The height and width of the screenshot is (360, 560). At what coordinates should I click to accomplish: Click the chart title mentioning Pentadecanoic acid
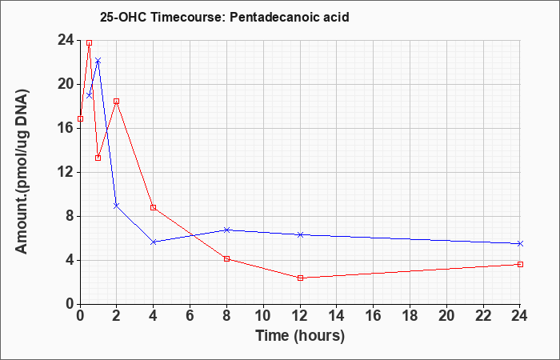click(x=224, y=17)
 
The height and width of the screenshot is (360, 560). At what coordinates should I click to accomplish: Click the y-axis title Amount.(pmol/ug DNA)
click(x=22, y=171)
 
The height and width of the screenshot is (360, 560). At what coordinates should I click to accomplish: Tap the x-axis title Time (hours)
click(x=300, y=336)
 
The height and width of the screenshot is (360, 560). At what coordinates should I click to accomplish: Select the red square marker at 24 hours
click(x=520, y=264)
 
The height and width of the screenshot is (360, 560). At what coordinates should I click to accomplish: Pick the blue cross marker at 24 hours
click(x=520, y=243)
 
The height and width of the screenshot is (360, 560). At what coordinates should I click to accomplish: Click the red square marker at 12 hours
click(x=300, y=278)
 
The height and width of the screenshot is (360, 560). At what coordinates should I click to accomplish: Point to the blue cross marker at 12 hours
click(x=300, y=234)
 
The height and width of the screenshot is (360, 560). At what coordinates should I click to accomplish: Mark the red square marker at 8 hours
click(x=226, y=258)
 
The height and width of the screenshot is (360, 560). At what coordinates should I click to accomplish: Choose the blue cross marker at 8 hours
click(x=226, y=230)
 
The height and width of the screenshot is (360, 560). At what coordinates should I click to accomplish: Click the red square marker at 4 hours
click(x=154, y=207)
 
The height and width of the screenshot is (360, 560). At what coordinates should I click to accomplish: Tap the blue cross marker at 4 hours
click(x=154, y=242)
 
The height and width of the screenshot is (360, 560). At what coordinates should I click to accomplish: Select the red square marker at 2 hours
click(x=117, y=102)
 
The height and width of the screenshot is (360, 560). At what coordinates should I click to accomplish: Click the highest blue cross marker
click(x=98, y=61)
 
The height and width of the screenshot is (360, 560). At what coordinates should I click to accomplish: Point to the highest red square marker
click(x=90, y=43)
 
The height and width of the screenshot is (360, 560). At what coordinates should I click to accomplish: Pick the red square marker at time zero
click(x=80, y=118)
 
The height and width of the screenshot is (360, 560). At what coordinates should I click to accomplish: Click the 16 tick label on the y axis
click(x=66, y=128)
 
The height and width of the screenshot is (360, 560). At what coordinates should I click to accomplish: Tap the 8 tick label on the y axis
click(x=70, y=217)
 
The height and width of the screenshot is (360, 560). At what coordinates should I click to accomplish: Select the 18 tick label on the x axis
click(x=410, y=316)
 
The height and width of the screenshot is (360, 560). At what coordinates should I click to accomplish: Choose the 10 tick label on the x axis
click(x=263, y=316)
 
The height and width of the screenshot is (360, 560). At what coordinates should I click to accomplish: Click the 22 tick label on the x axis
click(x=483, y=316)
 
